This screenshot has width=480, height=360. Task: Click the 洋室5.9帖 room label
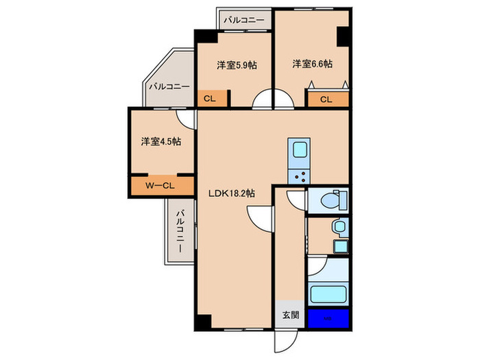237,65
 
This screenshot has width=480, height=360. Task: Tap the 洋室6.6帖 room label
312,64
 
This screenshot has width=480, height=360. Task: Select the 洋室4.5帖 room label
161,142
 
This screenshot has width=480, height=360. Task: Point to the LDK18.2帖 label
232,194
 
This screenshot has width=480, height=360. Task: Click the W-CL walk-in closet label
161,185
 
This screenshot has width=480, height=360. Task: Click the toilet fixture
333,200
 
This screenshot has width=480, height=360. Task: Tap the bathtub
328,296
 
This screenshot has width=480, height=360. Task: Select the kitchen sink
300,150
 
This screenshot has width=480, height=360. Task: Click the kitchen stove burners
299,176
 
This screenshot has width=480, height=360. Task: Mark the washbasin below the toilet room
337,227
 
